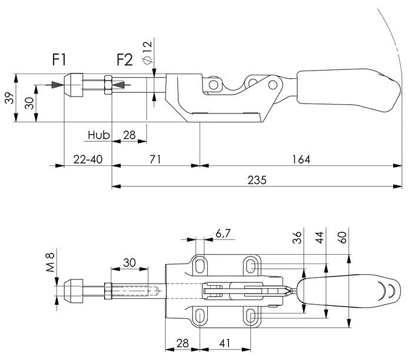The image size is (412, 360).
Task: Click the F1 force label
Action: pyautogui.click(x=59, y=59)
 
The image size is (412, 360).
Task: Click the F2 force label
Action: pyautogui.click(x=124, y=59)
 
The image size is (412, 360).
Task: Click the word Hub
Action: pyautogui.click(x=99, y=135)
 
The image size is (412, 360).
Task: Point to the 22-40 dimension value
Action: pyautogui.click(x=87, y=159)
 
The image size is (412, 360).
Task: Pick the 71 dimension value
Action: pyautogui.click(x=155, y=159)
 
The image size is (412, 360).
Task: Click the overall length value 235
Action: pyautogui.click(x=257, y=180)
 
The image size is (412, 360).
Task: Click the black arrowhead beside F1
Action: pyautogui.click(x=55, y=85)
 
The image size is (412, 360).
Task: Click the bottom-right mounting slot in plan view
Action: pyautogui.click(x=251, y=315)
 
